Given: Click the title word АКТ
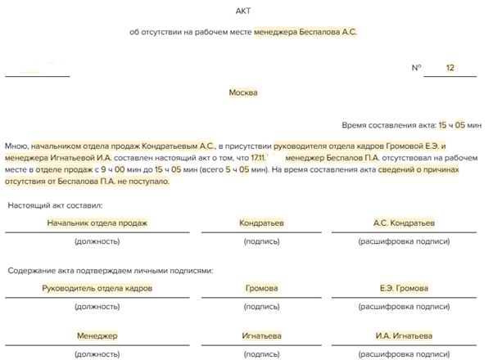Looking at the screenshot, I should pyautogui.click(x=244, y=10).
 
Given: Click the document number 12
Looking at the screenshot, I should pyautogui.click(x=450, y=68).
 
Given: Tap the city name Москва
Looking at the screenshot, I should pyautogui.click(x=243, y=92).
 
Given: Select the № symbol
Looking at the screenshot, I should pyautogui.click(x=416, y=68).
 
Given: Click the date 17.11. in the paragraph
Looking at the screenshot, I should pyautogui.click(x=259, y=156).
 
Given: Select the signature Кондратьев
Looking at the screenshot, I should pyautogui.click(x=261, y=223).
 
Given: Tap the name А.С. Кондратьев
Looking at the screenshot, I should pyautogui.click(x=404, y=223).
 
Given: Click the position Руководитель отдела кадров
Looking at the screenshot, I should pyautogui.click(x=97, y=288).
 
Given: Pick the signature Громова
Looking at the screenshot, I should pyautogui.click(x=261, y=288).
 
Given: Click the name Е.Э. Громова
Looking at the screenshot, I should pyautogui.click(x=404, y=288).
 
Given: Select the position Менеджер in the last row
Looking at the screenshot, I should pyautogui.click(x=97, y=335).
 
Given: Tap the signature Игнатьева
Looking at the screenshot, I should pyautogui.click(x=261, y=335).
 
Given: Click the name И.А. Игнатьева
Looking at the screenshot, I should pyautogui.click(x=404, y=335).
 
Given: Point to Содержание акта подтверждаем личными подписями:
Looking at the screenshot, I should pyautogui.click(x=111, y=268).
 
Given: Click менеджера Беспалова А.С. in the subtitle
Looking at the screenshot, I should pyautogui.click(x=305, y=32).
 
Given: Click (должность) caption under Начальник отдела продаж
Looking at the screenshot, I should pyautogui.click(x=97, y=241).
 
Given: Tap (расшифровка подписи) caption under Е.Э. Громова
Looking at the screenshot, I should pyautogui.click(x=404, y=307).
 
